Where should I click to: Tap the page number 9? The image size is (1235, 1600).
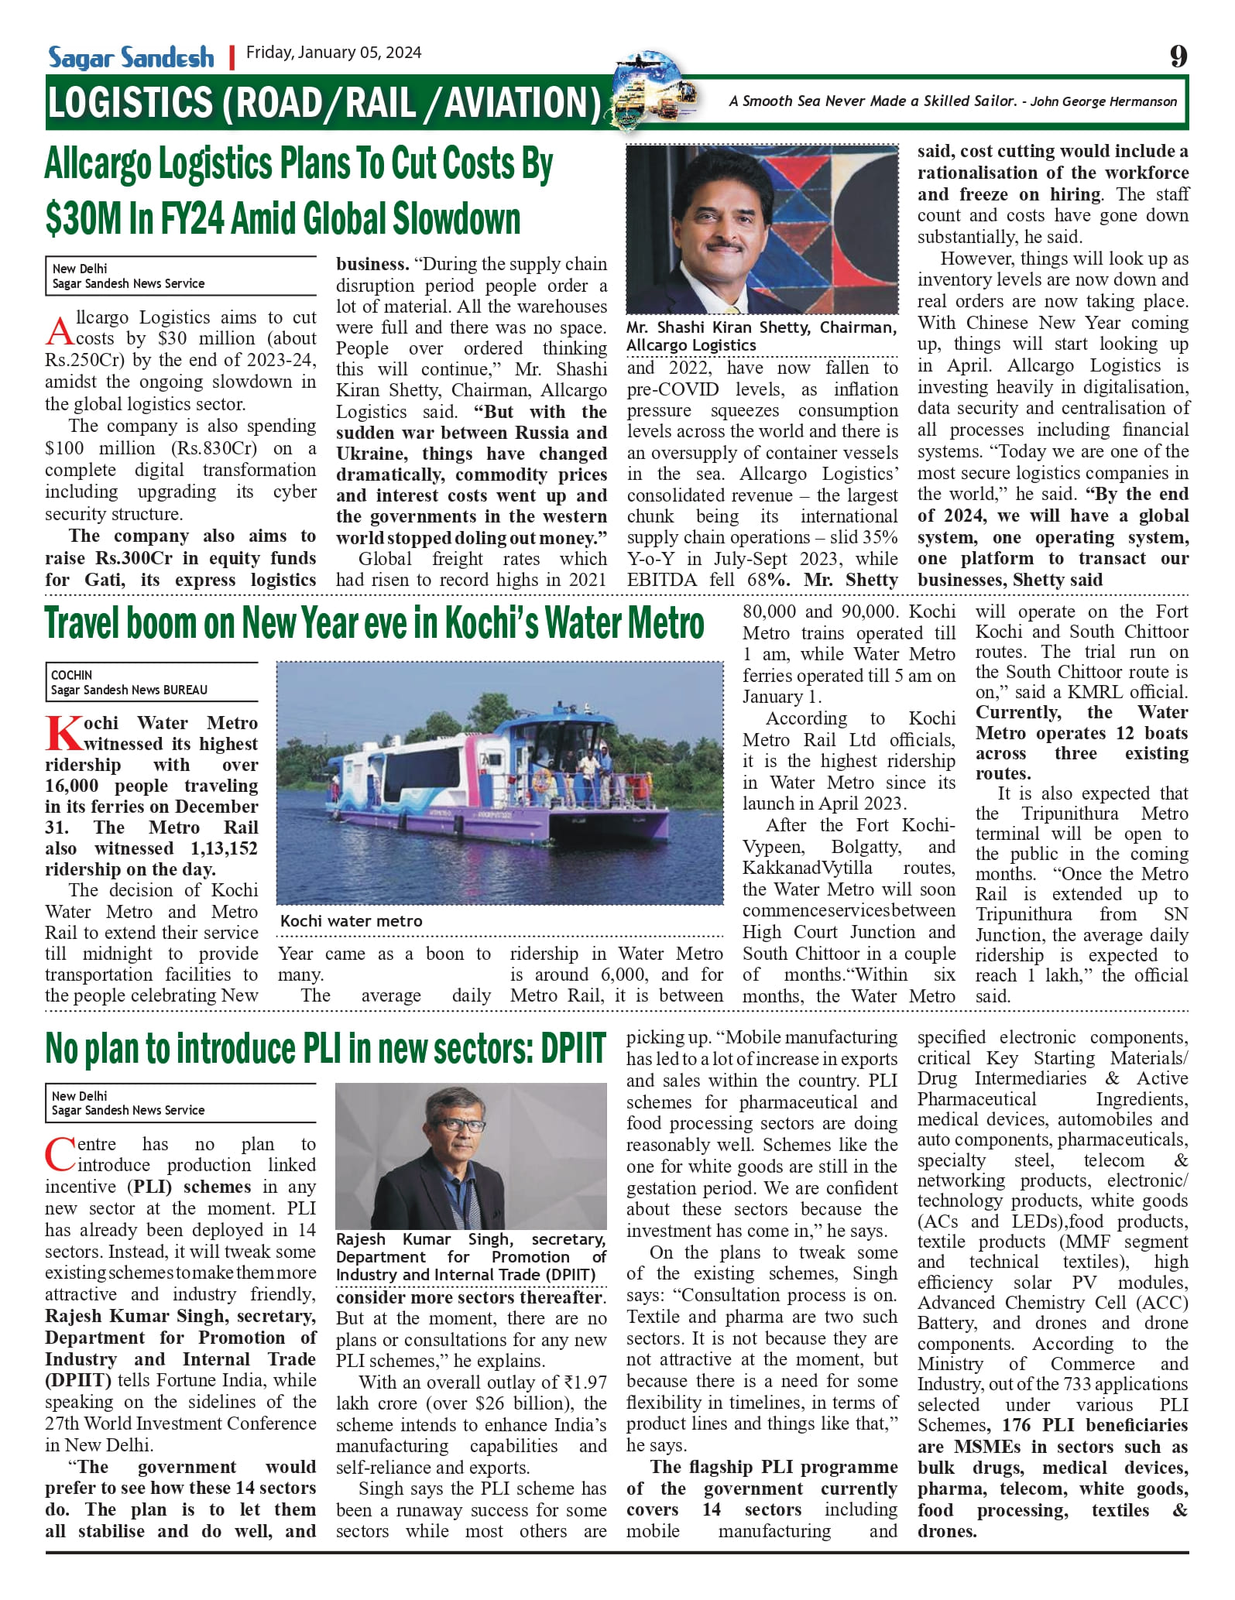(x=1178, y=57)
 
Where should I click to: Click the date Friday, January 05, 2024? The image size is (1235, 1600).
(x=334, y=53)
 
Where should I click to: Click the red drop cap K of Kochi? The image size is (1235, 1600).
(x=62, y=734)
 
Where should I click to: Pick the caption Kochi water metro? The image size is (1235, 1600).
(x=351, y=921)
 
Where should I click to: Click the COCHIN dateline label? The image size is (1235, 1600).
(x=71, y=675)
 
